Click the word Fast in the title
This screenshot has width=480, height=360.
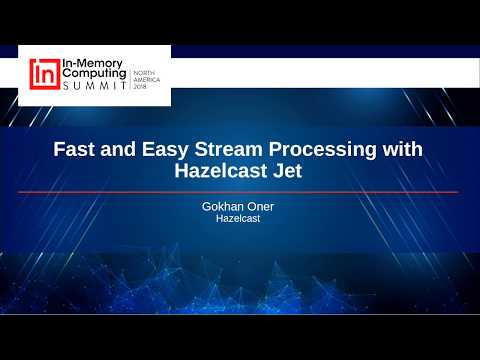click(76, 150)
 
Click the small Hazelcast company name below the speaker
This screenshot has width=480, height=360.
click(238, 219)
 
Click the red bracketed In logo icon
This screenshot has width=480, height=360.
click(43, 75)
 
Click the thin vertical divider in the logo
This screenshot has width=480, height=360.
click(131, 77)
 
